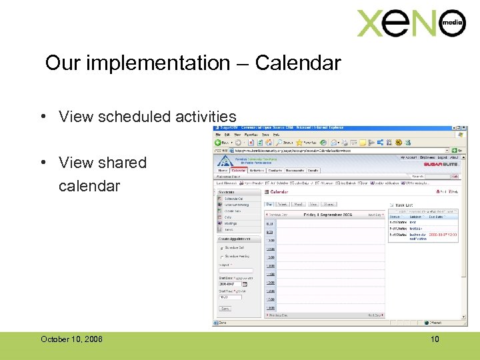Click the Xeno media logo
tap(411, 24)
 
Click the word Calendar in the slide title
tap(297, 63)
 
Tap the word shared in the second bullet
tap(121, 163)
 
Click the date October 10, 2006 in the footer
tap(71, 339)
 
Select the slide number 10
tap(435, 339)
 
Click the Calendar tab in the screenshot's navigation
tap(239, 171)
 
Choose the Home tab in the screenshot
tap(222, 171)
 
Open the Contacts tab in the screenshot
tap(275, 171)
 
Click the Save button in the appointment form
tap(225, 309)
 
